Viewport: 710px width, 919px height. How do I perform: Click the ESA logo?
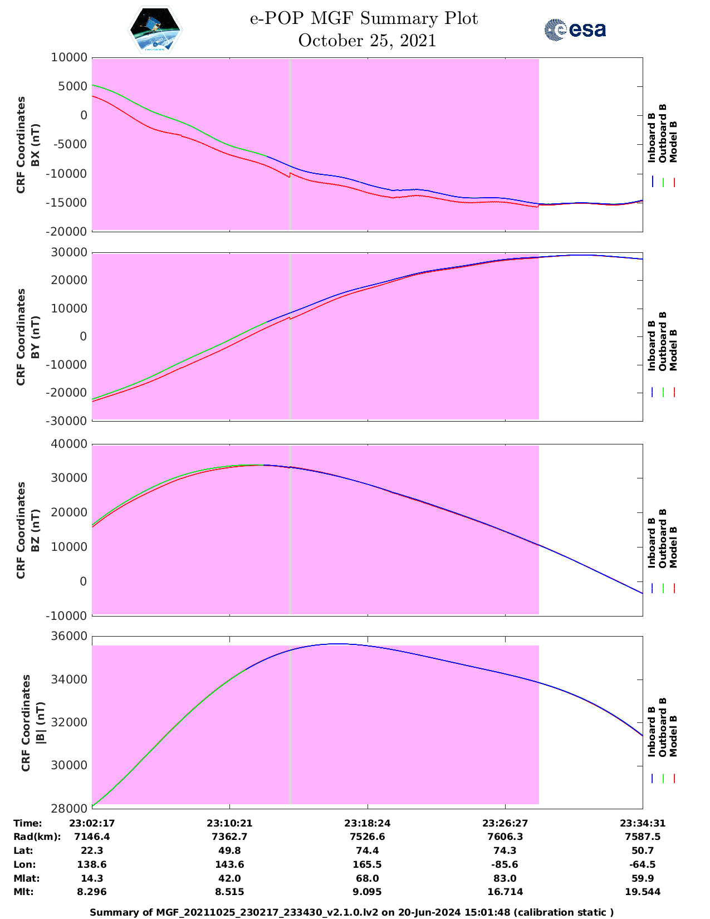pos(575,30)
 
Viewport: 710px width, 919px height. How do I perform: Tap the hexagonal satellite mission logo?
pos(155,30)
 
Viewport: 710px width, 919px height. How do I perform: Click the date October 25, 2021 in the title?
pos(367,41)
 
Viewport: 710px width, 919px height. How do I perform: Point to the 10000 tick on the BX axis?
pos(69,57)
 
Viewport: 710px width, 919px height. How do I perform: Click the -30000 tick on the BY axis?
pos(69,421)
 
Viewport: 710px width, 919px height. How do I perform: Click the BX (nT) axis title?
pos(36,145)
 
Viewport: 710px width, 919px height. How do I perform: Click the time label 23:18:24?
pos(367,823)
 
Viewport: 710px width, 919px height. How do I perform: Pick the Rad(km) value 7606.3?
pos(505,837)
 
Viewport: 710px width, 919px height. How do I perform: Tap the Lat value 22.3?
pos(92,850)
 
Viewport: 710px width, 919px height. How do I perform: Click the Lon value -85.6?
pos(505,864)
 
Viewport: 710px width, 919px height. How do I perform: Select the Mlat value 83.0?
pos(505,878)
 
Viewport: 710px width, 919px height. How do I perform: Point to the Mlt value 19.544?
pos(642,892)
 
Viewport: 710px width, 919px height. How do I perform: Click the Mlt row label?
pos(23,892)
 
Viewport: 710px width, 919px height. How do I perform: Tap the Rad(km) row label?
pos(37,837)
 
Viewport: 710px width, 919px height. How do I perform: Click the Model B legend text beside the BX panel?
pos(673,141)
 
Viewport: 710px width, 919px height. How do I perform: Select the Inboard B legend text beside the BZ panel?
pos(652,542)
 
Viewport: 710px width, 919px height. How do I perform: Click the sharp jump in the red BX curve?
pos(290,175)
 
